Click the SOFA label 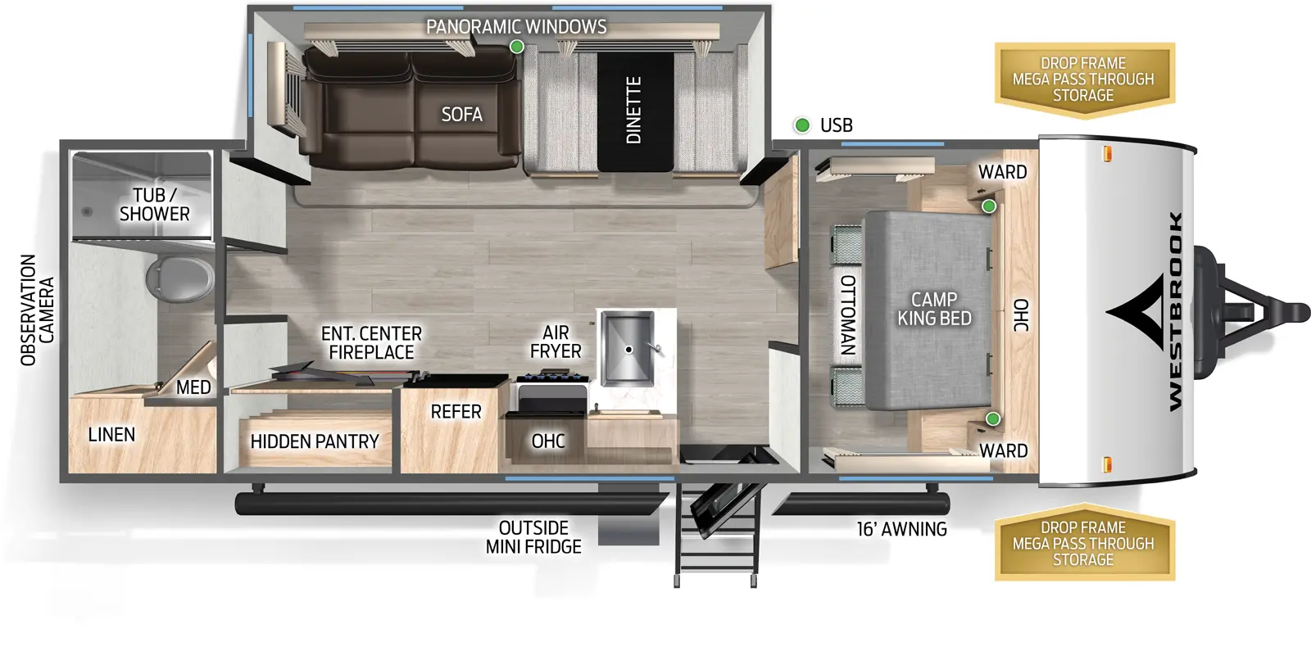(x=461, y=115)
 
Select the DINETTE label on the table (x=633, y=111)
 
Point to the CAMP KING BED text (x=934, y=309)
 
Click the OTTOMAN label (x=848, y=314)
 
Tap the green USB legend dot (x=802, y=125)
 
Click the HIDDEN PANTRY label (x=315, y=442)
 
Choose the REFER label (x=456, y=412)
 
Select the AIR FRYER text (x=556, y=342)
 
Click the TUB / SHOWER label (x=154, y=205)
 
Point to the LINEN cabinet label (x=111, y=435)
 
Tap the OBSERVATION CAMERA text (x=37, y=310)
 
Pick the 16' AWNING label (x=901, y=530)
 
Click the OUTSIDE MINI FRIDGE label (x=533, y=537)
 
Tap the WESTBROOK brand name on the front (x=1174, y=311)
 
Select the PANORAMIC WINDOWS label (x=516, y=27)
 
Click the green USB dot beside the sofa (x=517, y=47)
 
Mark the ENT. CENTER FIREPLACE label (x=371, y=343)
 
